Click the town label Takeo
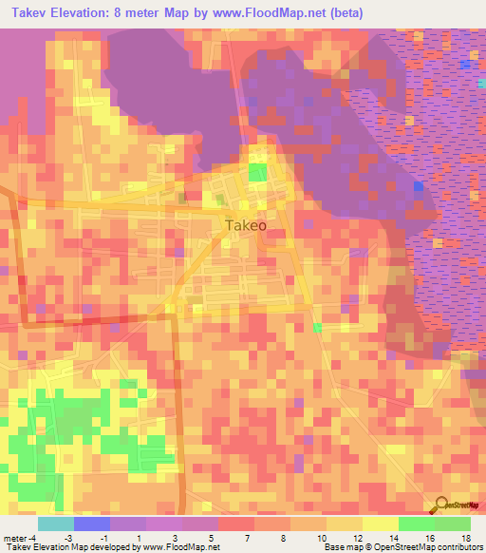coord(246,225)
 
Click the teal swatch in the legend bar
coord(56,524)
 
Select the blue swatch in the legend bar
coord(92,524)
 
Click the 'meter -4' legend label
coord(19,537)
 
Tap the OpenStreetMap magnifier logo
coord(442,505)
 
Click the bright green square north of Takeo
coord(257,171)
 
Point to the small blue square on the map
coord(418,187)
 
